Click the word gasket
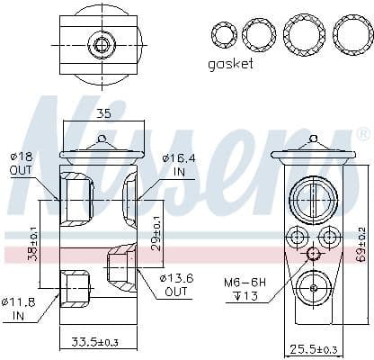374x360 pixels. [x=231, y=64]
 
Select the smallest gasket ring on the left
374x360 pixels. [x=223, y=35]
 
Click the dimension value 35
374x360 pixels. [x=103, y=114]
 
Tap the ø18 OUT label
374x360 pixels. [x=21, y=164]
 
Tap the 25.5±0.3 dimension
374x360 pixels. [x=312, y=347]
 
